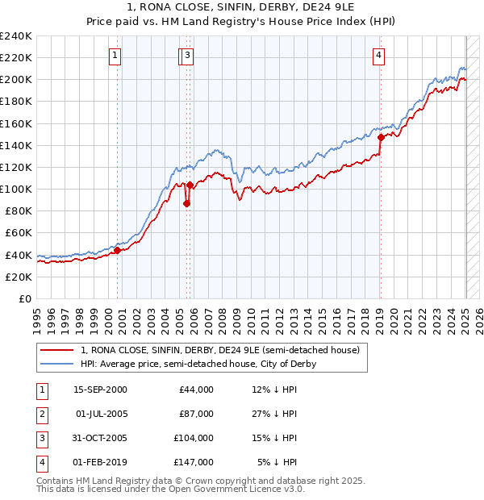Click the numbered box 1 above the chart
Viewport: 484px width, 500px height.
tap(115, 56)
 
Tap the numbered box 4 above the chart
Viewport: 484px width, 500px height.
tap(378, 56)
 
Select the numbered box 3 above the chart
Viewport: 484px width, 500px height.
tap(187, 56)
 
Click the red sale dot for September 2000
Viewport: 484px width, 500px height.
tap(117, 250)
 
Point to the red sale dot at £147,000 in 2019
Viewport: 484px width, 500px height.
tap(380, 137)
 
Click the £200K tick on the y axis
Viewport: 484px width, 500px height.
tap(16, 80)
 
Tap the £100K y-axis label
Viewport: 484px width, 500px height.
tap(16, 189)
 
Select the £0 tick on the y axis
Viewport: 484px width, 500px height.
tap(25, 298)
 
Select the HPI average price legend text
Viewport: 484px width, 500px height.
tap(198, 364)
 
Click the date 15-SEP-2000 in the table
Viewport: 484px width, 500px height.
tap(100, 390)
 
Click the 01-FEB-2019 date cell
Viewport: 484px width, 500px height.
tap(100, 462)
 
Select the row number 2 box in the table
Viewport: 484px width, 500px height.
tap(40, 414)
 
